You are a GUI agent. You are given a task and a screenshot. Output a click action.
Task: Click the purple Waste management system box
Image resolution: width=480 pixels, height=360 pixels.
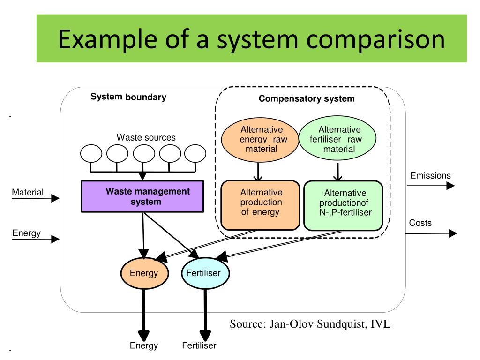click(142, 196)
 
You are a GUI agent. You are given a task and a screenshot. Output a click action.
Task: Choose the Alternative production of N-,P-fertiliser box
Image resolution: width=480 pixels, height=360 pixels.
click(343, 206)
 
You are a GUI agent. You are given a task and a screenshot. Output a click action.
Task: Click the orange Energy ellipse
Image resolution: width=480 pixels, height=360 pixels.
click(144, 273)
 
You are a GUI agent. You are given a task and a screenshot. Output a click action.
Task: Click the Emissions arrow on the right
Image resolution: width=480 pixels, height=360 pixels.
click(430, 186)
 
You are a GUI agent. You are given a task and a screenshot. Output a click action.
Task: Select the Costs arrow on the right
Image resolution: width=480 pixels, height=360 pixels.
click(430, 233)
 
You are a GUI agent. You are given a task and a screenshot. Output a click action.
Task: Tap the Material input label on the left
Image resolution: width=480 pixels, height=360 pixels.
click(28, 192)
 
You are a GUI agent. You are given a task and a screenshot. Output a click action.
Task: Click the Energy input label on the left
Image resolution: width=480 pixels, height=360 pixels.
click(26, 233)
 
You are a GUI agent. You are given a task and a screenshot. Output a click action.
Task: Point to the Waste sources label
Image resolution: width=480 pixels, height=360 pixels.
click(146, 138)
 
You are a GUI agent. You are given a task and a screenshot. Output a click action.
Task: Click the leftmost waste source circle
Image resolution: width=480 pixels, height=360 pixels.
click(91, 154)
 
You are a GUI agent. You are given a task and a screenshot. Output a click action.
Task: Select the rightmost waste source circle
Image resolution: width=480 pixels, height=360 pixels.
click(195, 154)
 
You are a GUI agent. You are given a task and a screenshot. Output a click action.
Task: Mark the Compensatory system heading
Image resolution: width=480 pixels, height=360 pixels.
click(307, 99)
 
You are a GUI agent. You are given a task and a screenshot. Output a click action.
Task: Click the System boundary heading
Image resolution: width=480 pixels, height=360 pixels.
click(128, 97)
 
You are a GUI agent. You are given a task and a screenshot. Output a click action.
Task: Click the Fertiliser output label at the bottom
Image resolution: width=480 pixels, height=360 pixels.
click(199, 346)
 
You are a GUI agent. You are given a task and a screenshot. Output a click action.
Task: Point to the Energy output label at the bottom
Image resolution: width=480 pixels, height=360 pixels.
click(143, 346)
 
